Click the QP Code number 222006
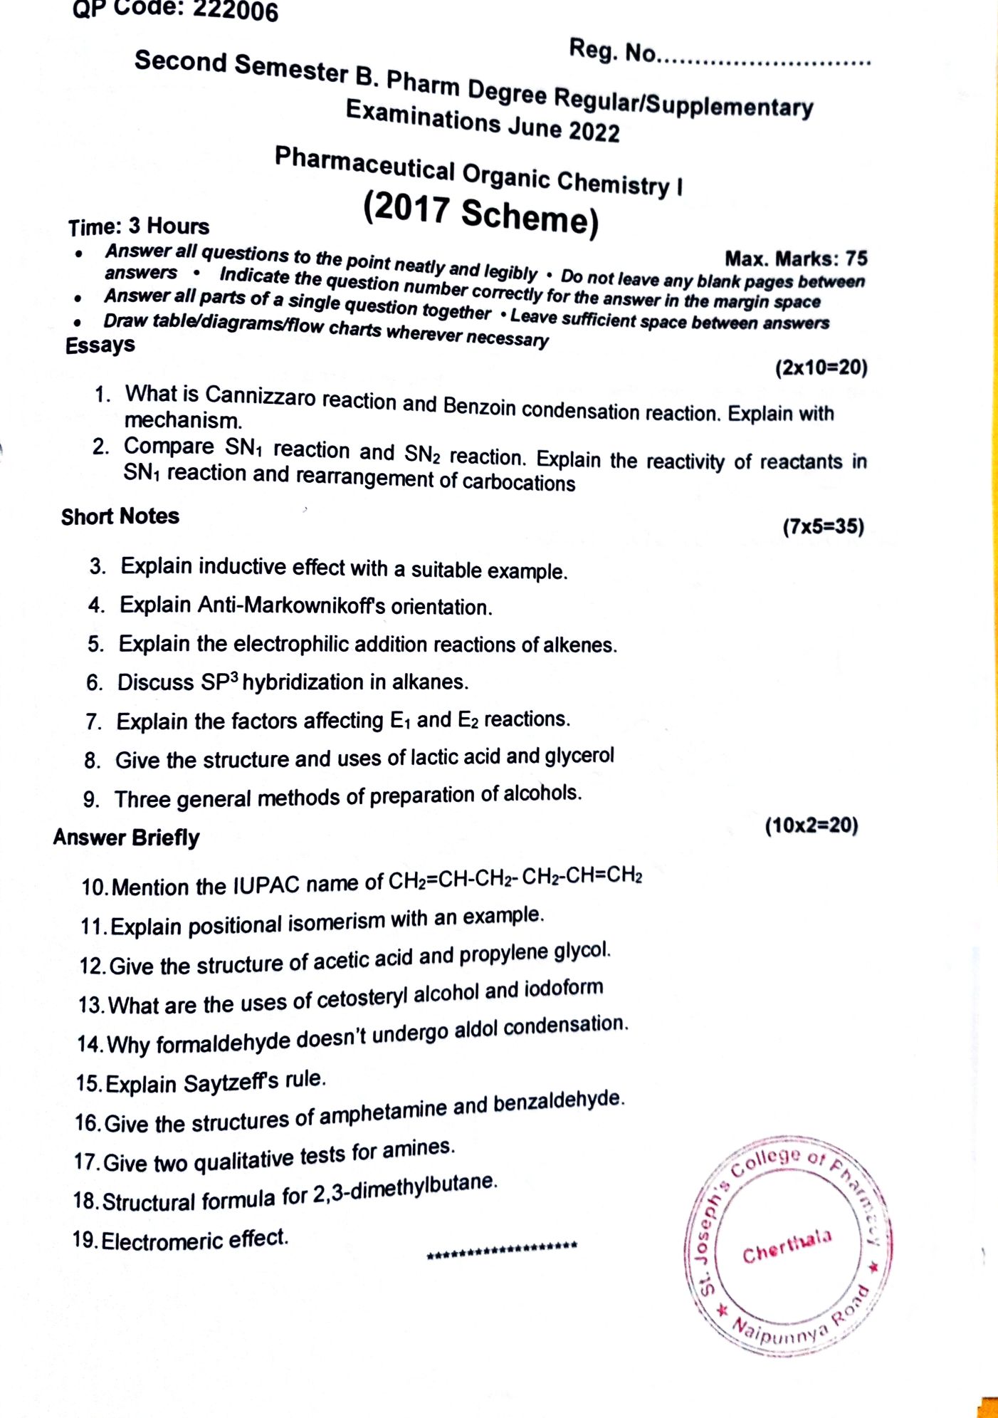coord(235,11)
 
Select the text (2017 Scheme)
coord(480,213)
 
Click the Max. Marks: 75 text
coord(795,258)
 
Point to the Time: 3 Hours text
coord(139,226)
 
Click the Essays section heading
coord(100,345)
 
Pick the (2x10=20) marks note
coord(821,367)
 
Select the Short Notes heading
coord(120,516)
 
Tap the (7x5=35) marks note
coord(823,527)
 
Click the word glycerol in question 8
coord(579,756)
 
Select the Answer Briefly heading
coord(126,838)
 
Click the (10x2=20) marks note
coord(811,825)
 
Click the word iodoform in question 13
coord(564,989)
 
